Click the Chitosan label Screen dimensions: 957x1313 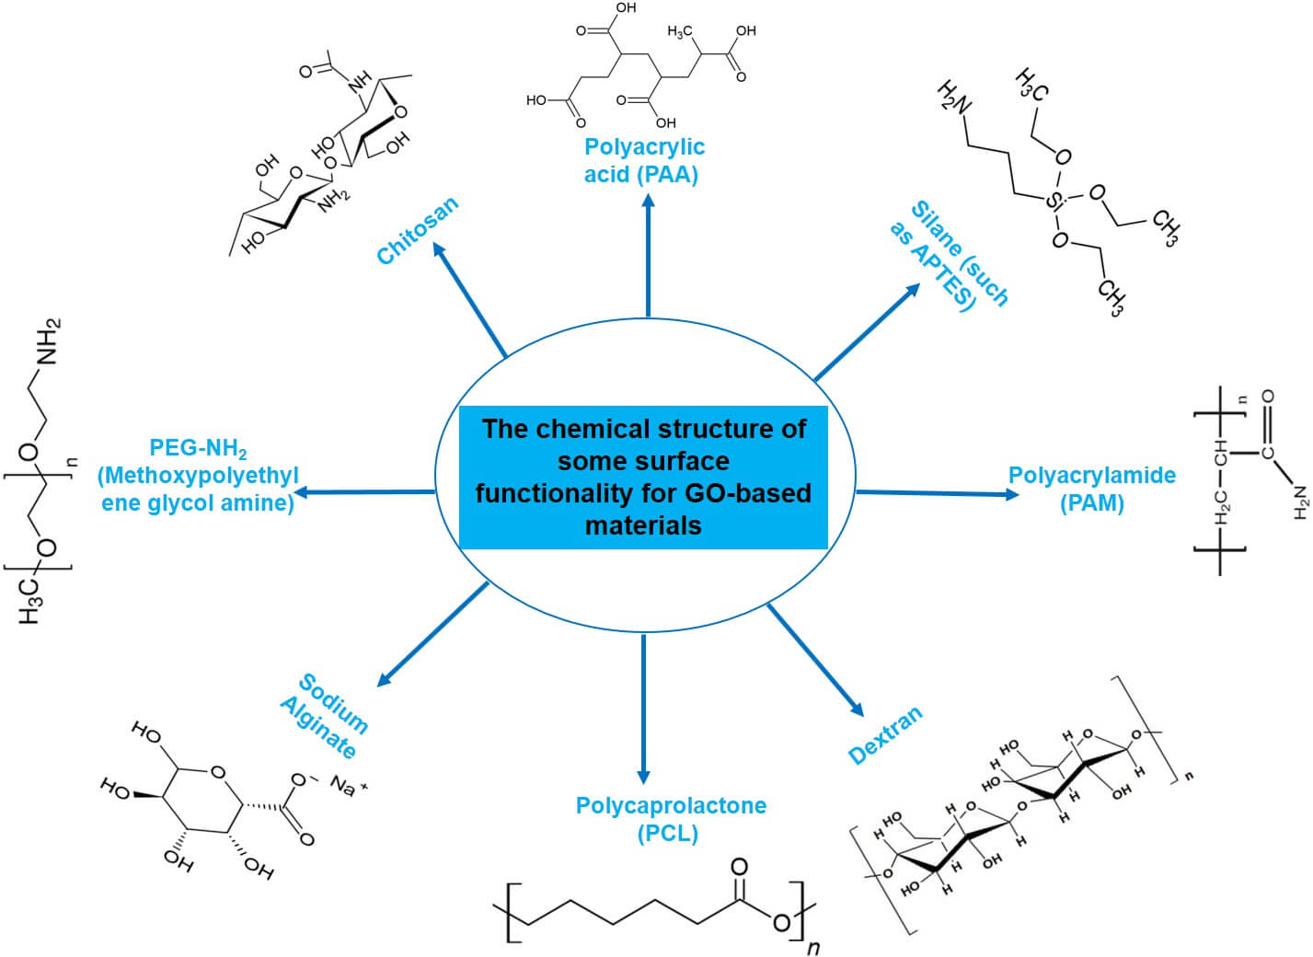[417, 230]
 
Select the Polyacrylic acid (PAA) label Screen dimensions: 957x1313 [644, 160]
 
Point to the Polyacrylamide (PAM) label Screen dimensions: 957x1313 [1091, 489]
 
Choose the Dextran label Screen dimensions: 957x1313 [884, 735]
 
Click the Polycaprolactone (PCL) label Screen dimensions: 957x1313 [671, 819]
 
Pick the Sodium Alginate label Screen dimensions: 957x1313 [325, 716]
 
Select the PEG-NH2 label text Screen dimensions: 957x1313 [198, 476]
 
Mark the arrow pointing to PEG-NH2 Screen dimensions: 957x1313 [363, 492]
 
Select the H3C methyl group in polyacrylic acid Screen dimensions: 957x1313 [680, 33]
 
